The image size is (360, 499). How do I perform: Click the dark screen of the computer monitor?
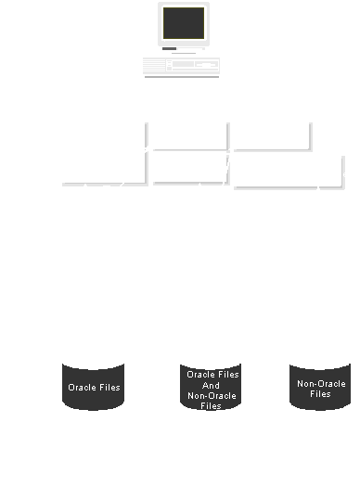pos(184,23)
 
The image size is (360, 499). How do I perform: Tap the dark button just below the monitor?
pos(170,48)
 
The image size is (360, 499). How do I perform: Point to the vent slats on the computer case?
pos(154,65)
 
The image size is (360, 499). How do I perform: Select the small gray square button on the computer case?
pos(170,69)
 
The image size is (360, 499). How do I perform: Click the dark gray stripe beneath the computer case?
pos(182,77)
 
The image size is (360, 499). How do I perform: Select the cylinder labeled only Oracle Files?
pos(94,387)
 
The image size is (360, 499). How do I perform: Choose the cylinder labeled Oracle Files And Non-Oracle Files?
pos(211,387)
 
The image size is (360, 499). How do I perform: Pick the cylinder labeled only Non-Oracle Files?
pos(320,387)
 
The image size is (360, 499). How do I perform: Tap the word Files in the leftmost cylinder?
pos(109,388)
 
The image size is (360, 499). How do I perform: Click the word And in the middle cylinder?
pos(211,386)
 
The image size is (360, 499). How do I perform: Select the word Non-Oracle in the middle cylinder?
pos(212,396)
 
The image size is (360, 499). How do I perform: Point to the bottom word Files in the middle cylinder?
pos(211,405)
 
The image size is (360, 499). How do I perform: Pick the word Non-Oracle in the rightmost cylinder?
pos(321,383)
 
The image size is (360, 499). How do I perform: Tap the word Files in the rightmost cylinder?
pos(320,394)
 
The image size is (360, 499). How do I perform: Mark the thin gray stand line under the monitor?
pos(184,53)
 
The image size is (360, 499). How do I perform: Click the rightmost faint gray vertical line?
pos(344,172)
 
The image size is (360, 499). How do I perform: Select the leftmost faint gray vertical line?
pos(147,153)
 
